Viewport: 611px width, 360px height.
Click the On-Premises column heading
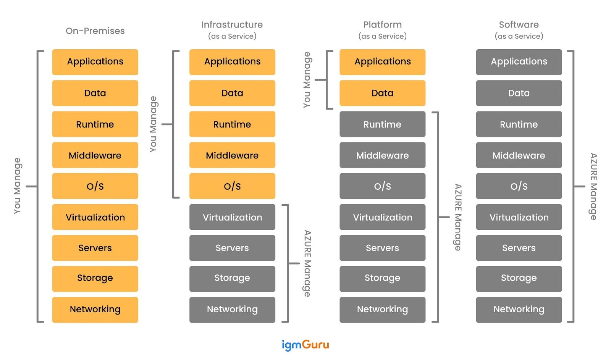pyautogui.click(x=95, y=31)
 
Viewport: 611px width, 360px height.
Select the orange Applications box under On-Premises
pyautogui.click(x=95, y=62)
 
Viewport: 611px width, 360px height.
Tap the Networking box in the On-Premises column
pyautogui.click(x=95, y=310)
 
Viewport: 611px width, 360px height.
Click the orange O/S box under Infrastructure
pyautogui.click(x=232, y=186)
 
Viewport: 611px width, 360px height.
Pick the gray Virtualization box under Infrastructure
pyautogui.click(x=232, y=217)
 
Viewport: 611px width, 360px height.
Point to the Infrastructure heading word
pyautogui.click(x=232, y=25)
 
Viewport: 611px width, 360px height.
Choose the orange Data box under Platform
pyautogui.click(x=382, y=93)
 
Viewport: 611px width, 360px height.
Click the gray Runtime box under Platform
pyautogui.click(x=382, y=124)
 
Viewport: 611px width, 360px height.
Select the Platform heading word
pyautogui.click(x=382, y=25)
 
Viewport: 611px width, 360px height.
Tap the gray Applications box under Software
pyautogui.click(x=519, y=62)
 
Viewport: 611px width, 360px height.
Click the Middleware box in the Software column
pyautogui.click(x=519, y=155)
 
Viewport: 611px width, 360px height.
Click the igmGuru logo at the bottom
pyautogui.click(x=305, y=345)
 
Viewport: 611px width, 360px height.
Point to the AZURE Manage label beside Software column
pyautogui.click(x=593, y=186)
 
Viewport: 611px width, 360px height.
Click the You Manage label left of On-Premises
pyautogui.click(x=17, y=186)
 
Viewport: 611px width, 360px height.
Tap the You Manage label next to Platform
pyautogui.click(x=307, y=80)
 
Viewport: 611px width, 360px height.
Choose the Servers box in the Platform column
pyautogui.click(x=382, y=248)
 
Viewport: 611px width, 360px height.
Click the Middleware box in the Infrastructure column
pyautogui.click(x=232, y=155)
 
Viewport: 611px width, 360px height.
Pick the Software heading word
pyautogui.click(x=519, y=25)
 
